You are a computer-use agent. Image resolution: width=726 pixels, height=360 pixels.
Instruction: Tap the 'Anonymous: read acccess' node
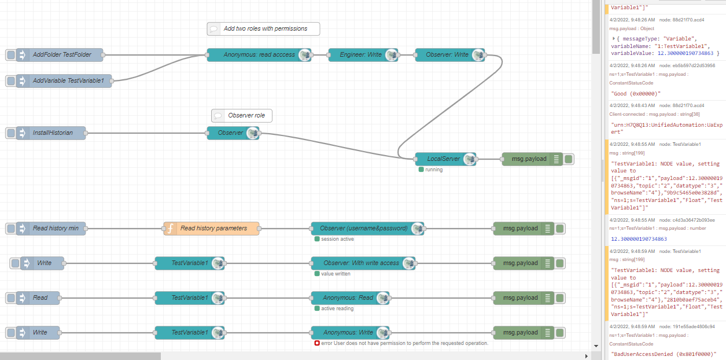(259, 55)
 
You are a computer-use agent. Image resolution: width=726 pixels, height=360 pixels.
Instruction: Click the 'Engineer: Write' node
(359, 55)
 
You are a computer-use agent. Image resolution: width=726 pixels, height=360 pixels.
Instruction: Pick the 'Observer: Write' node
(447, 55)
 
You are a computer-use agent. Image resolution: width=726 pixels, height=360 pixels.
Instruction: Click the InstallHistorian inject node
(53, 133)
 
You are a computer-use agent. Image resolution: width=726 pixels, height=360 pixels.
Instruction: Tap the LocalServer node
(443, 159)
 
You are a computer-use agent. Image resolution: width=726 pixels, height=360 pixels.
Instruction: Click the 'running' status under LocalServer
(433, 170)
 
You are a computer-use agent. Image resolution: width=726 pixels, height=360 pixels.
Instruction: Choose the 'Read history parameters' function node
(213, 229)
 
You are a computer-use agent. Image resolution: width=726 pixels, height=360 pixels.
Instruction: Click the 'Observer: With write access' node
(361, 263)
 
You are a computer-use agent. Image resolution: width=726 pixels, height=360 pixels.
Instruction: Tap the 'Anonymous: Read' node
(348, 298)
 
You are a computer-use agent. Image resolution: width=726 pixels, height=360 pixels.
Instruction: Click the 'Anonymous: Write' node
(348, 333)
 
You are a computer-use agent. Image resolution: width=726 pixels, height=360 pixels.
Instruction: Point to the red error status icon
(316, 343)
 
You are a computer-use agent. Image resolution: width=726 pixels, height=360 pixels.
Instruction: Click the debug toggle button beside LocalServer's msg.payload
(569, 159)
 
